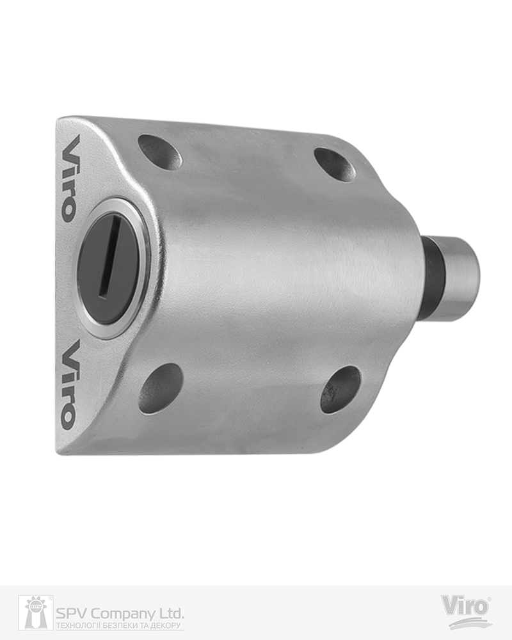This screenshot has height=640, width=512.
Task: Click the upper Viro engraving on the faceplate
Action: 68,179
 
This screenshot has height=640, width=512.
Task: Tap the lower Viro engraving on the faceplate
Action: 68,386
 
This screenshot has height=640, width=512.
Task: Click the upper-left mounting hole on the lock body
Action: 160,152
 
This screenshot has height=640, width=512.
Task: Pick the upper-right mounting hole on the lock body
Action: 334,164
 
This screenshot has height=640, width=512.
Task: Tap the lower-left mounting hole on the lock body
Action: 161,388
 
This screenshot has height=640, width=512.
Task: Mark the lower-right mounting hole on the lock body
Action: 340,389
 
